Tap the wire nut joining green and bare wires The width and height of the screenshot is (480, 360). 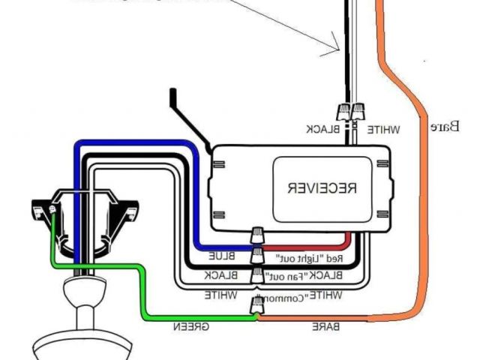(x=257, y=304)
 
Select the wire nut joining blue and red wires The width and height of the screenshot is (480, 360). (x=256, y=238)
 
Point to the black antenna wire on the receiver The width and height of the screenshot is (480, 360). (x=187, y=120)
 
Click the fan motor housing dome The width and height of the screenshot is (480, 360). (x=82, y=289)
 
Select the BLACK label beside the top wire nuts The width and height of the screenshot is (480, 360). (x=323, y=129)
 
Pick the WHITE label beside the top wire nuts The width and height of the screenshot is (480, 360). (x=383, y=129)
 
